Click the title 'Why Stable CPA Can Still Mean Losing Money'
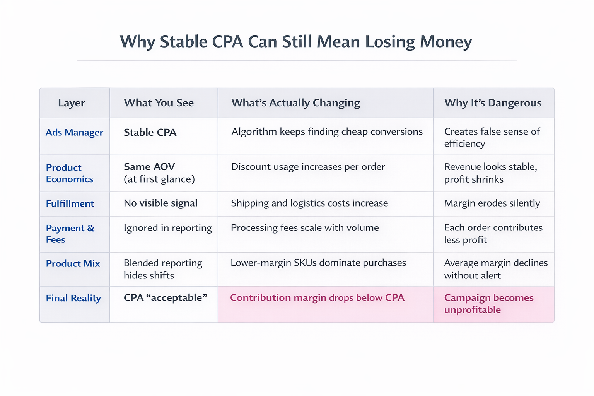click(296, 42)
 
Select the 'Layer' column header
click(72, 103)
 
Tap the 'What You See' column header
click(159, 103)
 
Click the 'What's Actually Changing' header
click(295, 103)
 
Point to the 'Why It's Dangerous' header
click(493, 103)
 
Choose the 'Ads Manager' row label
click(74, 132)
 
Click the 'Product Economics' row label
click(70, 173)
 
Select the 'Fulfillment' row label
click(70, 203)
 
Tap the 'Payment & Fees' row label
click(70, 234)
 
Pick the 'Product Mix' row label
click(73, 263)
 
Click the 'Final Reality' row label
click(73, 298)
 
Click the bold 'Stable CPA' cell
click(150, 132)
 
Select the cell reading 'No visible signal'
click(160, 203)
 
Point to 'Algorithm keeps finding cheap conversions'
click(327, 131)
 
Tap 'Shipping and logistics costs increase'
click(309, 203)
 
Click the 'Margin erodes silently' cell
click(492, 203)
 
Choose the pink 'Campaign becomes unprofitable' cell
click(489, 304)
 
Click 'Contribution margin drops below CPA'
click(317, 298)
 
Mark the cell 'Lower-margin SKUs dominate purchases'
click(318, 263)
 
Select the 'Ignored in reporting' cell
click(168, 228)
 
